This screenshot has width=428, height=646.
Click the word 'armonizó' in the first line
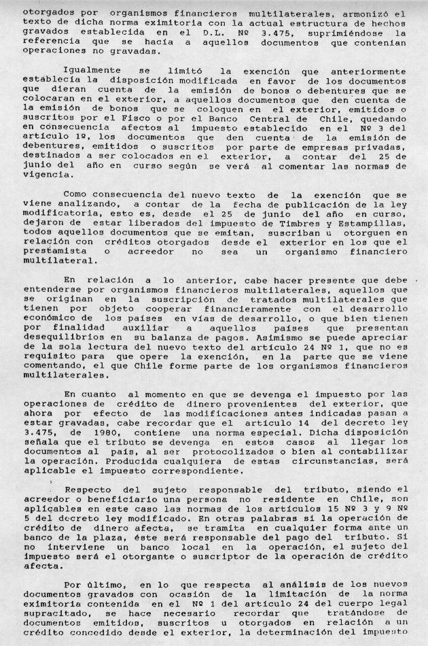coord(376,14)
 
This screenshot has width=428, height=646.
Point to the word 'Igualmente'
coord(92,70)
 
